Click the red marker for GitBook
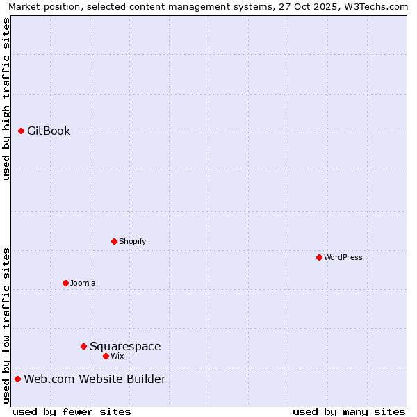(22, 131)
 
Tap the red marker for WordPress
(319, 257)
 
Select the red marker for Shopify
(114, 241)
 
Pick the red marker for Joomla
(65, 283)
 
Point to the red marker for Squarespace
(83, 346)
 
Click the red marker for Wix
(106, 356)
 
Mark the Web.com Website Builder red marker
(17, 379)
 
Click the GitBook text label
(49, 131)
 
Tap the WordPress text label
(343, 257)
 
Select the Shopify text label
(132, 241)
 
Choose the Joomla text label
(83, 283)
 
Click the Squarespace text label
(125, 346)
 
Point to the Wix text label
(117, 356)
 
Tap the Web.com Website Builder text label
(95, 379)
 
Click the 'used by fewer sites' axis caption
(72, 411)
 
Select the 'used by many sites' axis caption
(349, 411)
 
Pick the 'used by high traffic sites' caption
(6, 99)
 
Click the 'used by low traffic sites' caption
(6, 325)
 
